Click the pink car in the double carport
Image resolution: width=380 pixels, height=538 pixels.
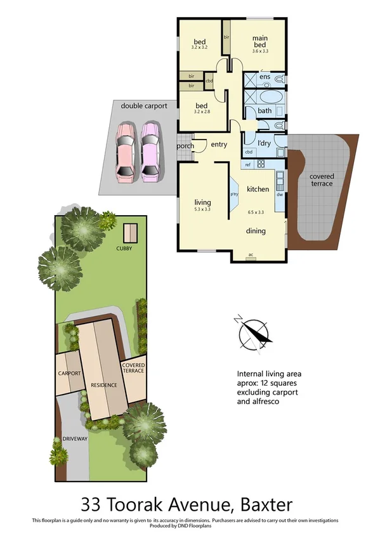click(x=125, y=150)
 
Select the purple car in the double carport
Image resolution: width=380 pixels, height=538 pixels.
click(x=150, y=150)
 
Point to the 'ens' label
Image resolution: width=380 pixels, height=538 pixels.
click(x=265, y=77)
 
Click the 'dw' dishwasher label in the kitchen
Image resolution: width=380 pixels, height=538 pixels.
click(x=279, y=194)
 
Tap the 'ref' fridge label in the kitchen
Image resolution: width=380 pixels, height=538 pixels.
click(x=247, y=165)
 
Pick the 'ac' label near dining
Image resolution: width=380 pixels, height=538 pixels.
click(x=251, y=254)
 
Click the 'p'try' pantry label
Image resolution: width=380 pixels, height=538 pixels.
click(x=233, y=194)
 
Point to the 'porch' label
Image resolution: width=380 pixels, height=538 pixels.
click(x=185, y=146)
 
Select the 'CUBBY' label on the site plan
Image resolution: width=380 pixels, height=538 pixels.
click(x=124, y=248)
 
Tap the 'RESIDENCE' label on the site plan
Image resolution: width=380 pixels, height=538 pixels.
click(x=102, y=384)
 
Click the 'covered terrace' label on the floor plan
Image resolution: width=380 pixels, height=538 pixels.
click(x=321, y=180)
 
